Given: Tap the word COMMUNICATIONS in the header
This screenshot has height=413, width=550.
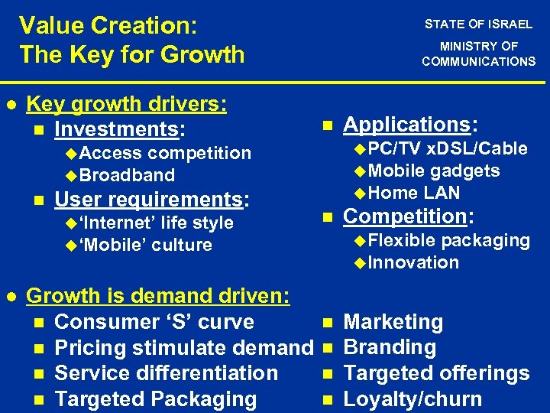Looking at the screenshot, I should pyautogui.click(x=479, y=61).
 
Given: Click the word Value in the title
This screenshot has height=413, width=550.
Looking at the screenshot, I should pyautogui.click(x=50, y=25).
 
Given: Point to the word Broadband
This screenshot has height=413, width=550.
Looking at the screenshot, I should pyautogui.click(x=127, y=175).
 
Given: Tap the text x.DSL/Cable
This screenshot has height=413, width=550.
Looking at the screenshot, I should pyautogui.click(x=477, y=148).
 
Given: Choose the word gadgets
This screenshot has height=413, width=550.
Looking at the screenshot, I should pyautogui.click(x=465, y=171).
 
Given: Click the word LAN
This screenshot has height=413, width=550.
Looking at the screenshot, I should pyautogui.click(x=442, y=193).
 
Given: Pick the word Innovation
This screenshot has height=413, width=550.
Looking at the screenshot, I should pyautogui.click(x=413, y=262).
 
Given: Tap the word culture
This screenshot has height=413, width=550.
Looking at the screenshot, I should pyautogui.click(x=182, y=245).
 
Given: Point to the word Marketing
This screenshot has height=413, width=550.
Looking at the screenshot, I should pyautogui.click(x=393, y=322).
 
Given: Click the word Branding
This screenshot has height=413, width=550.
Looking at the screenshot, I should pyautogui.click(x=390, y=347).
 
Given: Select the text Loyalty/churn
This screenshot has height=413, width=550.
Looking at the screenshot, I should pyautogui.click(x=412, y=398).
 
